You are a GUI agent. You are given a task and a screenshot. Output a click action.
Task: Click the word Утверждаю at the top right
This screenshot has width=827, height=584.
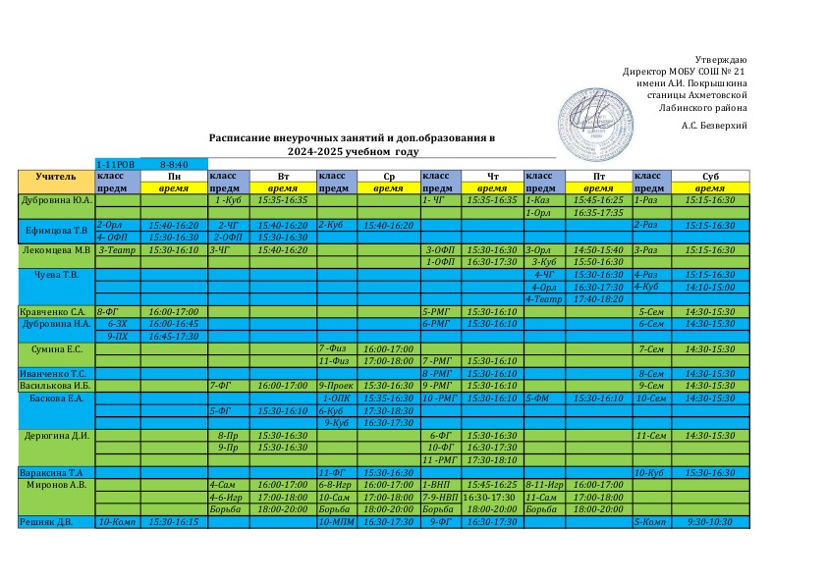(x=721, y=60)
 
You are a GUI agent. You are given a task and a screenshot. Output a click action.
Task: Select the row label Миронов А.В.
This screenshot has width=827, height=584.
(x=57, y=485)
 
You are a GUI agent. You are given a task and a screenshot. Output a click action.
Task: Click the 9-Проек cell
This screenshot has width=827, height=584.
(x=335, y=386)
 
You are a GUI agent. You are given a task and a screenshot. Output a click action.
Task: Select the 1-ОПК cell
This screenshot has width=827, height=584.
(x=337, y=398)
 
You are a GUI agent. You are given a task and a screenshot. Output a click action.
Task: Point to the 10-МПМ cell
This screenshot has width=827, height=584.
(x=336, y=522)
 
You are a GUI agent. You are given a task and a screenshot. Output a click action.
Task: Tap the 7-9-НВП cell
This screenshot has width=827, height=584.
(x=440, y=498)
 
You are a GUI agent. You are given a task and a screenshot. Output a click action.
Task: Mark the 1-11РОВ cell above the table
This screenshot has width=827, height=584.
(x=117, y=163)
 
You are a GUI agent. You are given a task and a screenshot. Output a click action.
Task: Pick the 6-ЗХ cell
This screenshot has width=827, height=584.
(x=116, y=323)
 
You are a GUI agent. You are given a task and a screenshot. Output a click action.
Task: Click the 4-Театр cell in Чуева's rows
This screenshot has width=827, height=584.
(x=543, y=298)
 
